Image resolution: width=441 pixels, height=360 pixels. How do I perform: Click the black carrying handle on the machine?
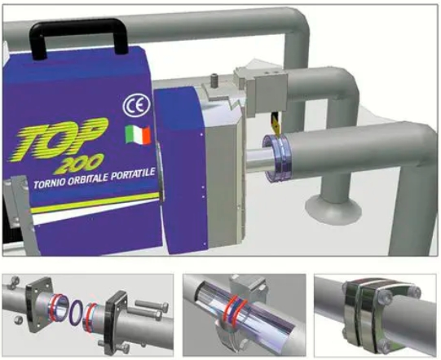(79, 24)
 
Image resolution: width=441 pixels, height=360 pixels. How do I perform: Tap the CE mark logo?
(136, 105)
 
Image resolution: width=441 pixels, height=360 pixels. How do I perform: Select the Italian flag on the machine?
(138, 134)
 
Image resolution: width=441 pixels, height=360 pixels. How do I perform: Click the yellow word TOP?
(59, 138)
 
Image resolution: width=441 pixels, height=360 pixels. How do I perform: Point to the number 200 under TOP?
(78, 164)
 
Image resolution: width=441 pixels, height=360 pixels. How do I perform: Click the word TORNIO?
(48, 182)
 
